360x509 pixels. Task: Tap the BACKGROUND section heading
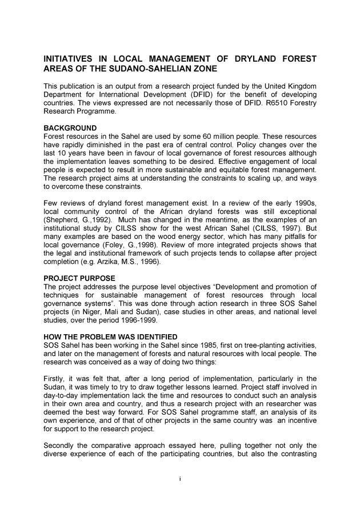click(x=70, y=128)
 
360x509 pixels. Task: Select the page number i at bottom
click(x=179, y=478)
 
